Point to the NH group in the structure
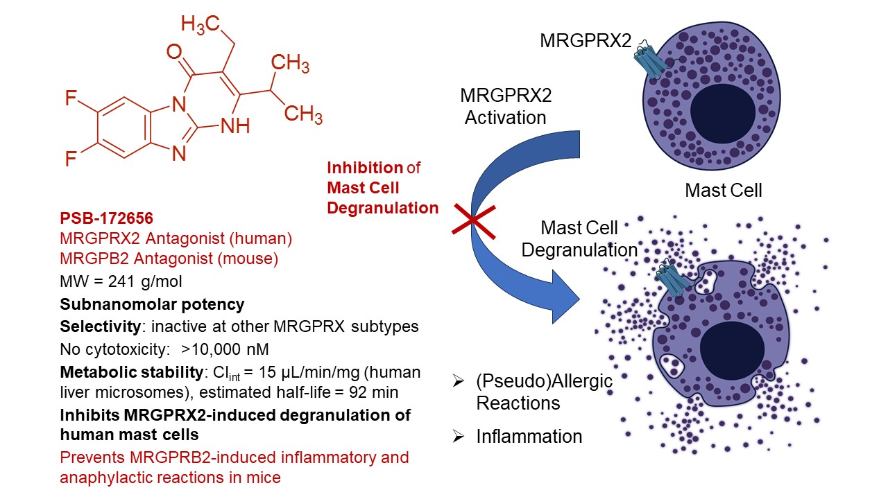[235, 128]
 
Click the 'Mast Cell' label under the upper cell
[723, 190]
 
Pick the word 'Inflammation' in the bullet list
[529, 437]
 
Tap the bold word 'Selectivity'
[97, 326]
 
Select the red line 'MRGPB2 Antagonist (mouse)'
[169, 260]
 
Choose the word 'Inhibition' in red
[365, 167]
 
